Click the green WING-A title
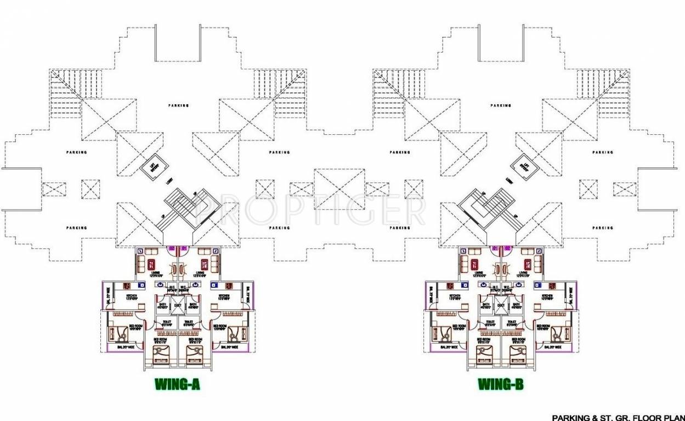click(177, 385)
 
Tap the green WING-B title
click(500, 385)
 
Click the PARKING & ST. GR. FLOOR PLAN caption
click(618, 417)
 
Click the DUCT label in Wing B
click(501, 305)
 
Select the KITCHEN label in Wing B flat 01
click(455, 296)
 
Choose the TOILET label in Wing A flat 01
click(189, 322)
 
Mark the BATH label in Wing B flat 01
click(486, 305)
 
